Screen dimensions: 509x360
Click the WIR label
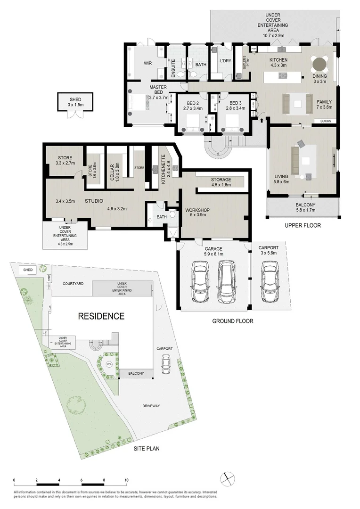[147, 64]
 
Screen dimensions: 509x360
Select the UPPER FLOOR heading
[303, 226]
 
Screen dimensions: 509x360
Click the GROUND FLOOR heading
[233, 321]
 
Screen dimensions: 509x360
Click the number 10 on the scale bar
[126, 480]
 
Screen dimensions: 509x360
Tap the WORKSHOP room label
[197, 210]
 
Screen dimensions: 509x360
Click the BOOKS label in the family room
[325, 121]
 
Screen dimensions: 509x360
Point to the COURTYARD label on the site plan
[73, 284]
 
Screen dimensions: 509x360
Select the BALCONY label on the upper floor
[303, 205]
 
